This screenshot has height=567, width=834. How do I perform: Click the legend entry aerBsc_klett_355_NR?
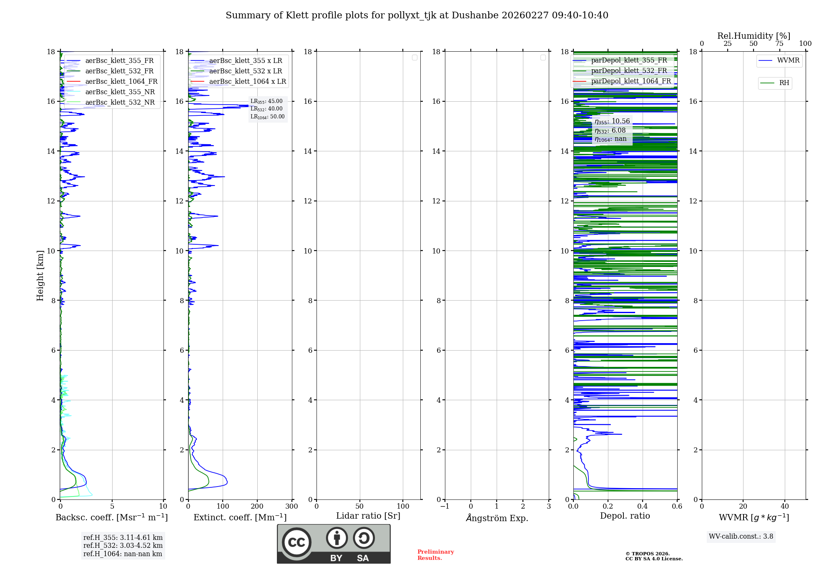pyautogui.click(x=120, y=92)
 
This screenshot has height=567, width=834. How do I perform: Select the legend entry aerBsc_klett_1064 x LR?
pyautogui.click(x=247, y=81)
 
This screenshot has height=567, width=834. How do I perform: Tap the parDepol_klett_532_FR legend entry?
pyautogui.click(x=628, y=70)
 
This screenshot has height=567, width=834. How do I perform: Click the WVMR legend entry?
pyautogui.click(x=788, y=60)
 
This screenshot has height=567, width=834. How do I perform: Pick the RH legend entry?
pyautogui.click(x=784, y=83)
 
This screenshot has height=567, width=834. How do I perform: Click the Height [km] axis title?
pyautogui.click(x=40, y=276)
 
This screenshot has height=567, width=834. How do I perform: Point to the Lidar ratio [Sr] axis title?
pyautogui.click(x=368, y=516)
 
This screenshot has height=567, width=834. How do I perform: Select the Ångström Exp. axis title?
pyautogui.click(x=497, y=518)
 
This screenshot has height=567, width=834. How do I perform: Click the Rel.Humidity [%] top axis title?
pyautogui.click(x=754, y=36)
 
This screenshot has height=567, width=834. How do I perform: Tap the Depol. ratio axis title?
pyautogui.click(x=625, y=516)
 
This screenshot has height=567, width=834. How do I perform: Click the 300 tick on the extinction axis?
pyautogui.click(x=291, y=506)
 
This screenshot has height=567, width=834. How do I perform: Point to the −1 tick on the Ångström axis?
pyautogui.click(x=445, y=506)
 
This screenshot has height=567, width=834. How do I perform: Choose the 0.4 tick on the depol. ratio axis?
pyautogui.click(x=642, y=506)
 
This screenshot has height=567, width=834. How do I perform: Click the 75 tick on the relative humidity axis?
pyautogui.click(x=779, y=43)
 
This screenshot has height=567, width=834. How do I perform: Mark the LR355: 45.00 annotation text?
pyautogui.click(x=266, y=101)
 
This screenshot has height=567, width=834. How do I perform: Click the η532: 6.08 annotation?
pyautogui.click(x=610, y=130)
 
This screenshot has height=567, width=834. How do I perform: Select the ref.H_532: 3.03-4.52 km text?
pyautogui.click(x=123, y=545)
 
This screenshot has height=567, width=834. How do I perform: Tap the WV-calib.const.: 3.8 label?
pyautogui.click(x=741, y=536)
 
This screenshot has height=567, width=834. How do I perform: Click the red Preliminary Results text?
pyautogui.click(x=435, y=554)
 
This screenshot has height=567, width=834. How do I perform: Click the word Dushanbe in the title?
pyautogui.click(x=475, y=15)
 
